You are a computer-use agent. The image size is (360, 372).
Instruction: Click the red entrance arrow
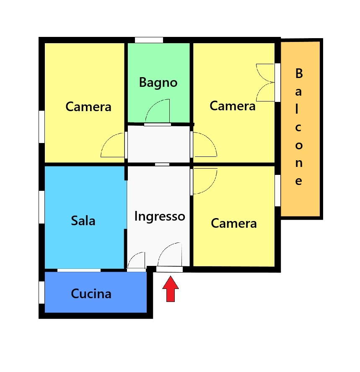click(171, 289)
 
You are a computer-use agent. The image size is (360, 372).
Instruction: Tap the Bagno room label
click(158, 83)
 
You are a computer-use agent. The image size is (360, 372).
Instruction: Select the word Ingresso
click(160, 216)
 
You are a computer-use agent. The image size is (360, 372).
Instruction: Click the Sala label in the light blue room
click(83, 221)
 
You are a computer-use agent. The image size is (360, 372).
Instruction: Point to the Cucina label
click(91, 294)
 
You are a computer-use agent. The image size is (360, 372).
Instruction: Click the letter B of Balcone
click(299, 73)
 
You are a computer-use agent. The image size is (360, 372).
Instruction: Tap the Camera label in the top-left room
click(88, 107)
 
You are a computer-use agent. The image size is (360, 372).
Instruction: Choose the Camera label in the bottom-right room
click(234, 223)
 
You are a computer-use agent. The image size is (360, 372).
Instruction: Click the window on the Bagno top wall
click(149, 40)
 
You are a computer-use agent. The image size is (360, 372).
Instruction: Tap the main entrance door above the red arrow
click(169, 269)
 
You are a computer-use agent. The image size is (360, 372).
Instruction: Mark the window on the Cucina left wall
click(42, 292)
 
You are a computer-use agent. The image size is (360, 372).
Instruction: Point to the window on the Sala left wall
click(42, 207)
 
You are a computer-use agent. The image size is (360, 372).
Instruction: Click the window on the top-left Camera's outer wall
click(42, 127)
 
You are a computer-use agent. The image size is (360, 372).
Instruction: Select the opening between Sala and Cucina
click(79, 270)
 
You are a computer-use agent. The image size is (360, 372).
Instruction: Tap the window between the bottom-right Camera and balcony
click(278, 191)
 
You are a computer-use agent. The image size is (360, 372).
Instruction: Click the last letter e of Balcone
click(299, 181)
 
